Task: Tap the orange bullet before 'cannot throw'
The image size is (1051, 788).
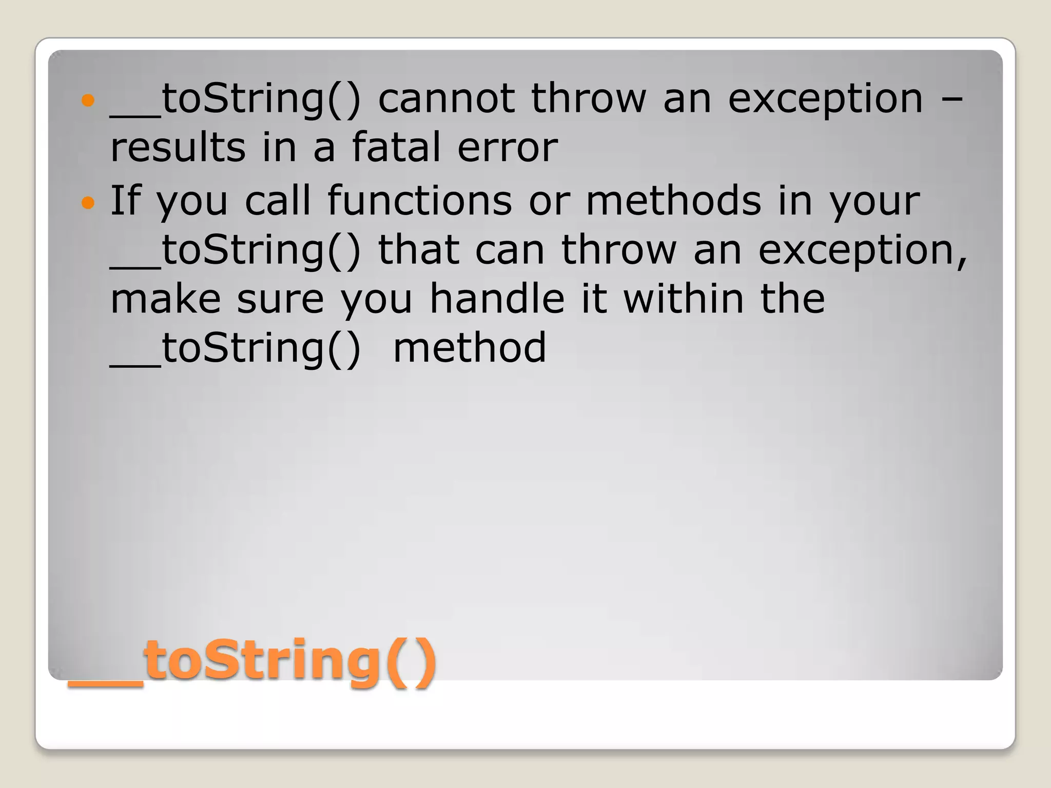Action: (x=88, y=100)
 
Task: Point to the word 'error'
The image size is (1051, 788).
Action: (x=507, y=148)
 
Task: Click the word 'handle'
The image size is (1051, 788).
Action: (x=497, y=299)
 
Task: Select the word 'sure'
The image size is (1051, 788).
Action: (x=280, y=299)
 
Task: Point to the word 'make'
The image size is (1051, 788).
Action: (x=165, y=299)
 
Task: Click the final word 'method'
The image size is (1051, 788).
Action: (x=470, y=348)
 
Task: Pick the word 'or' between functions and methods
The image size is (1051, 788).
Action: (x=549, y=201)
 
